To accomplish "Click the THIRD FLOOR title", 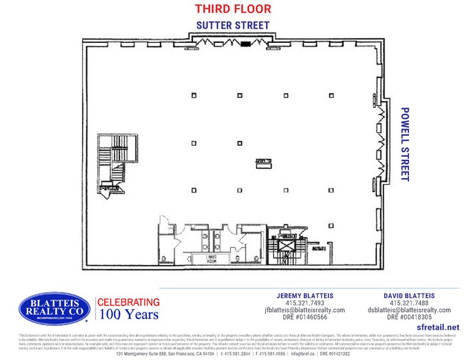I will (x=233, y=9).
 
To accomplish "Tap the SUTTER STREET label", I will (x=233, y=25).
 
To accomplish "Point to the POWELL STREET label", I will (x=404, y=144).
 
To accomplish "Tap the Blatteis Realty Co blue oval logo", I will (x=54, y=308).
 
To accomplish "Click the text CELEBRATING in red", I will (x=129, y=302).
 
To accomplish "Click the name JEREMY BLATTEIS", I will (x=305, y=296).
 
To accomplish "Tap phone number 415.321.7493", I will (x=305, y=303).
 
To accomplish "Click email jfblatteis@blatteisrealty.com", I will (x=305, y=310).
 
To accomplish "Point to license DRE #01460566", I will (x=305, y=318).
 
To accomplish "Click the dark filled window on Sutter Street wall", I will (x=246, y=44).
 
